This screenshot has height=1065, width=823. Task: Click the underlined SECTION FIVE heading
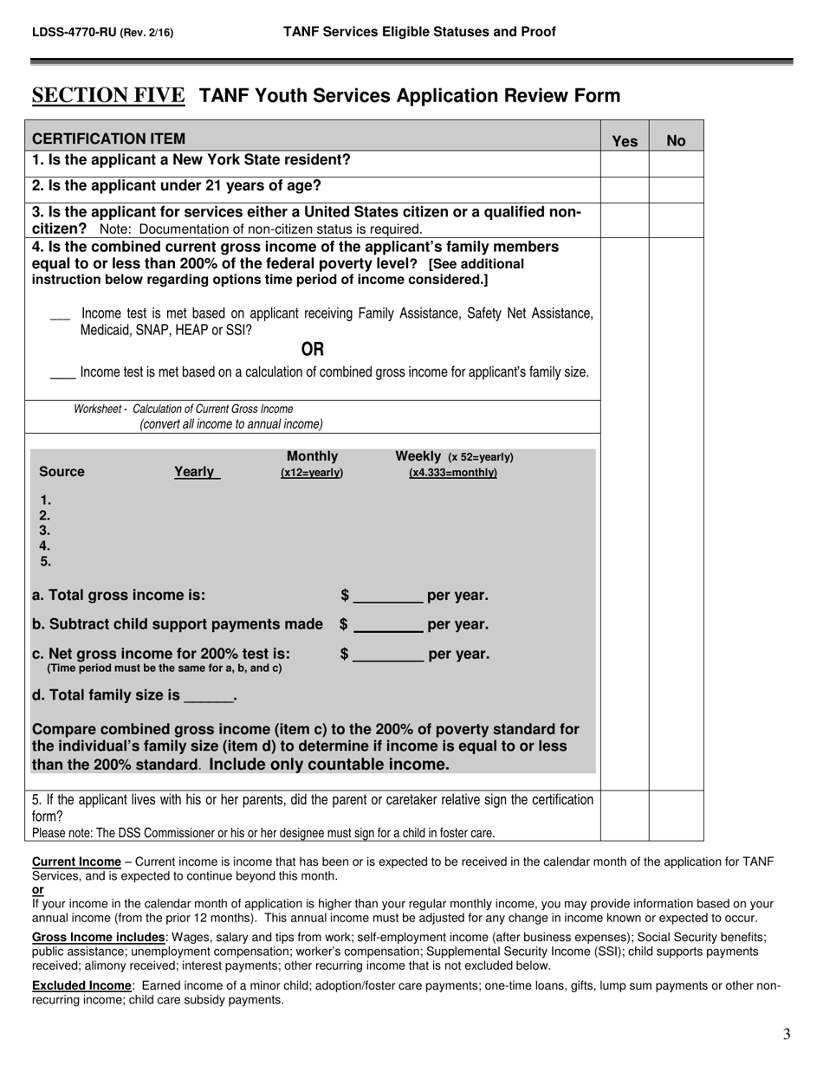pyautogui.click(x=108, y=95)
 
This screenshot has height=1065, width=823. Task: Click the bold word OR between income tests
pyautogui.click(x=312, y=349)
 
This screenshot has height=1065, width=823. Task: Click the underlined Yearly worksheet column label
pyautogui.click(x=196, y=472)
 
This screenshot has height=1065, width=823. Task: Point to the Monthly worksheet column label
pyautogui.click(x=312, y=456)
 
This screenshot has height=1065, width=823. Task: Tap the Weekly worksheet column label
pyautogui.click(x=419, y=456)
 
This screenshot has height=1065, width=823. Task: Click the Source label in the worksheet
pyautogui.click(x=62, y=472)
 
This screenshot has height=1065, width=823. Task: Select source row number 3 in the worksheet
pyautogui.click(x=45, y=530)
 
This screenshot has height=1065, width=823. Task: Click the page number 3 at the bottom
pyautogui.click(x=786, y=1033)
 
